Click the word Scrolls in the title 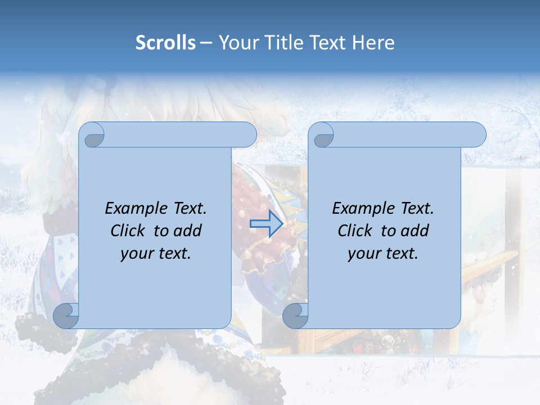coord(165,43)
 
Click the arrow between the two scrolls coord(266,224)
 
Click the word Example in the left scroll coord(134,208)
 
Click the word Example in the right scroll coord(362,208)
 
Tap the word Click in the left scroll coord(127,231)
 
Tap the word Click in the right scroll coord(354,231)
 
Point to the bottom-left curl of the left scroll coord(66,316)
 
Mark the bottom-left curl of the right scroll coord(295,316)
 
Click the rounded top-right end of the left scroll coord(247,134)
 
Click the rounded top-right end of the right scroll coord(477,134)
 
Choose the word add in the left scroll coord(188,231)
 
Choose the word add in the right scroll coord(416,231)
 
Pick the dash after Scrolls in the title coord(206,43)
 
